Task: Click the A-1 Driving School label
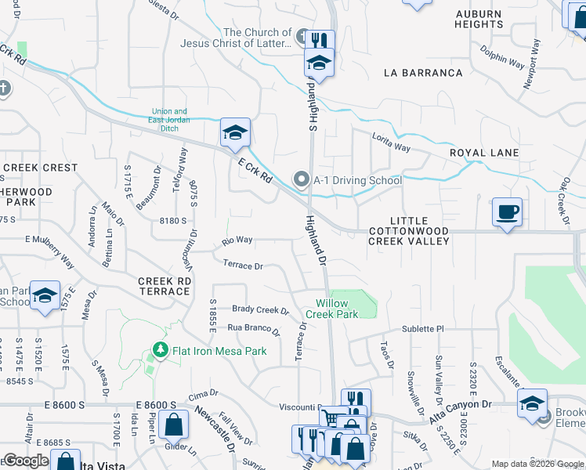[357, 180]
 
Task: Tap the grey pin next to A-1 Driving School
[301, 180]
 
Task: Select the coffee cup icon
[507, 211]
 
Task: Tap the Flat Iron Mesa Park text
[219, 351]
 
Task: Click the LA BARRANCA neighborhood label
[423, 73]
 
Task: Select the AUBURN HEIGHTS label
[479, 19]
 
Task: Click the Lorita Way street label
[391, 142]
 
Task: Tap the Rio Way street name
[237, 240]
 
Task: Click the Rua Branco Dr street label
[253, 329]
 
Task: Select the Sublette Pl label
[423, 329]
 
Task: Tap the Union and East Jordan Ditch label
[169, 116]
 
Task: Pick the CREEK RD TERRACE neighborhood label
[164, 286]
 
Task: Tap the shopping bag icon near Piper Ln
[172, 425]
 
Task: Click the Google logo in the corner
[26, 461]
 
